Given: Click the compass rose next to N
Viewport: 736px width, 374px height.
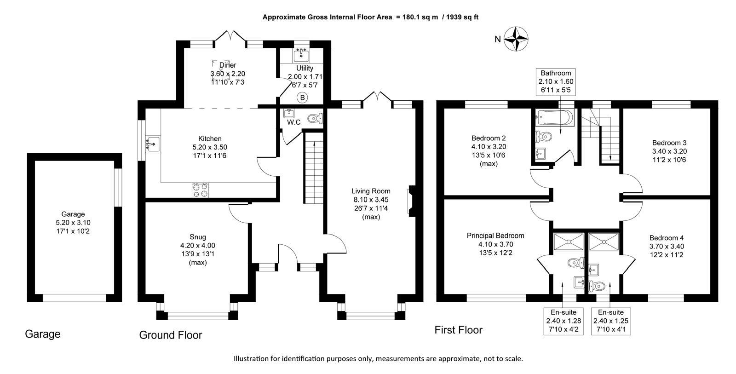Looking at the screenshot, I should tap(516, 39).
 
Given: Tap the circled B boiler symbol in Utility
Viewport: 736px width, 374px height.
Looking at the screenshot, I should tap(302, 98).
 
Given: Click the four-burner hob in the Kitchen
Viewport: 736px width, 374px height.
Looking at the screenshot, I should tap(200, 190).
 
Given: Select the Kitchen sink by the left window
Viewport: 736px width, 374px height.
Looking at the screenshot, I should tap(152, 144).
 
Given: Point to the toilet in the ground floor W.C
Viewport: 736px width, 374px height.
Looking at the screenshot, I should tap(315, 119).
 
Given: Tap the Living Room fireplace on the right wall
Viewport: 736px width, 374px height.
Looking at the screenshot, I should tap(411, 200).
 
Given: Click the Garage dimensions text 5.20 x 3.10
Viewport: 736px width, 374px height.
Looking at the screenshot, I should tap(73, 223).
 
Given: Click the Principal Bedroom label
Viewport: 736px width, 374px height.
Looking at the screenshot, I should tap(495, 236).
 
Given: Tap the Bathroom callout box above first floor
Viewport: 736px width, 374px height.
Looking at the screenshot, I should tap(556, 82).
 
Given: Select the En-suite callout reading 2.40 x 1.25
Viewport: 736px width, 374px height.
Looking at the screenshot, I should tap(610, 321).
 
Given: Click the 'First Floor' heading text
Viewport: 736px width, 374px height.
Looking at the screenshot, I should tap(458, 330).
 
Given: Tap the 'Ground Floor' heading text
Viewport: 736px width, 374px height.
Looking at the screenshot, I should tap(171, 335).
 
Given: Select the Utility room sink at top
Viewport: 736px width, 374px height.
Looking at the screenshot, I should tap(302, 55).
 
